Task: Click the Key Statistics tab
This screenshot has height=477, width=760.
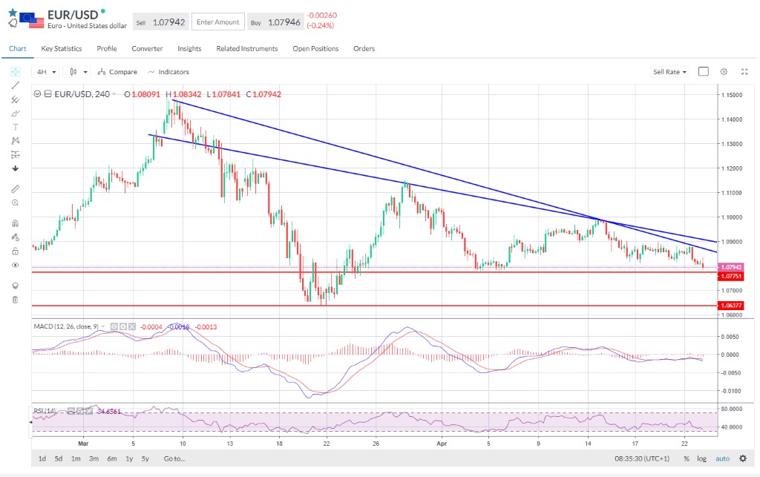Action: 62,49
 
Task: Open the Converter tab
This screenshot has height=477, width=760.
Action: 147,49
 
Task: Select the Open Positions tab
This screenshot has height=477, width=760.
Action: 315,49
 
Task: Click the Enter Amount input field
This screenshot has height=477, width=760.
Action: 218,22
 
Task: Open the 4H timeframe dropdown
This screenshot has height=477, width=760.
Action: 46,72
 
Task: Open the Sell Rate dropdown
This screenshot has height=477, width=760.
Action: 669,72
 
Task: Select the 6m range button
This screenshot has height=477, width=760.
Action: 112,458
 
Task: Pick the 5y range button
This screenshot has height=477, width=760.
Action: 145,458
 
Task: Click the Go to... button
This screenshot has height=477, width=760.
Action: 174,458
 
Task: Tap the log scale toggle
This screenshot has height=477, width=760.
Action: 701,458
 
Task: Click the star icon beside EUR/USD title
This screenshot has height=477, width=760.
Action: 13,13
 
